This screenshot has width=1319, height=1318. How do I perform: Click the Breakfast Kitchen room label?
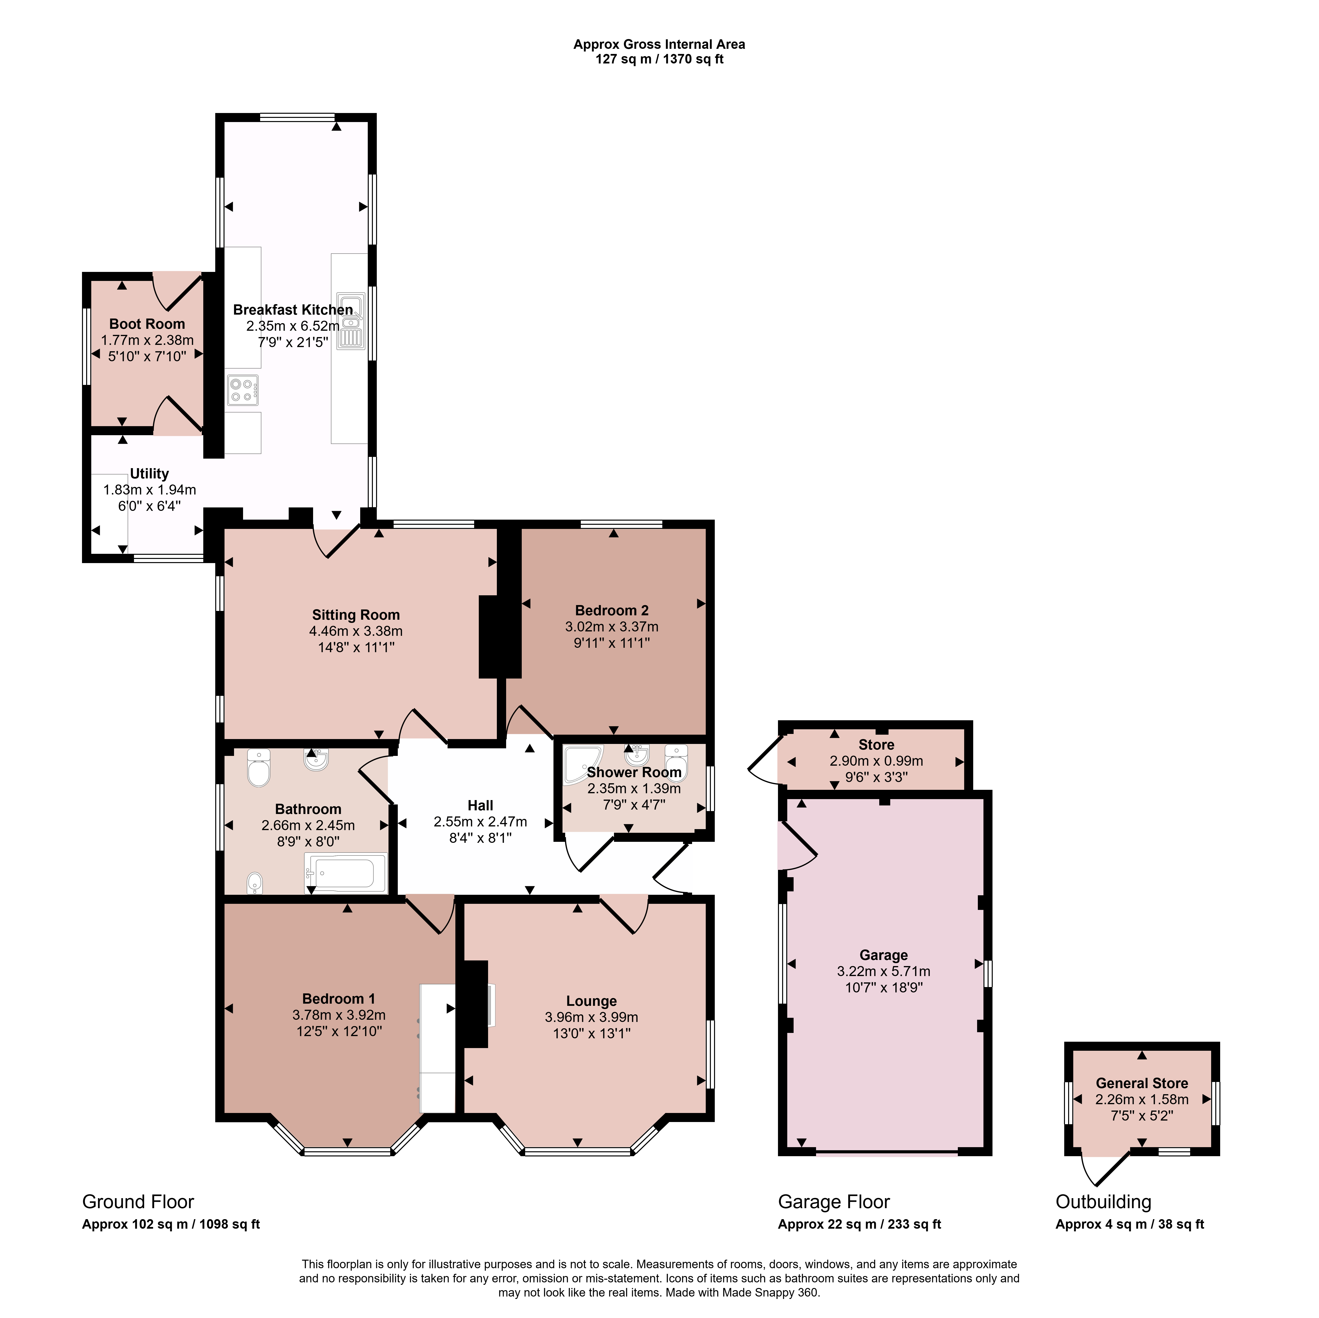(293, 310)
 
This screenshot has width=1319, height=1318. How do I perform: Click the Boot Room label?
(147, 324)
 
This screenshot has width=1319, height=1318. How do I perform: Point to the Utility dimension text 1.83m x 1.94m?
(150, 490)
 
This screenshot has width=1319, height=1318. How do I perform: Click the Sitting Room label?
(356, 615)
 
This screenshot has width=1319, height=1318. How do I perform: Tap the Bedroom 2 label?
(612, 610)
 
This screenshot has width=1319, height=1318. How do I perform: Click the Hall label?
(481, 806)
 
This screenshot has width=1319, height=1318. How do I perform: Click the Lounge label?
(591, 1001)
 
